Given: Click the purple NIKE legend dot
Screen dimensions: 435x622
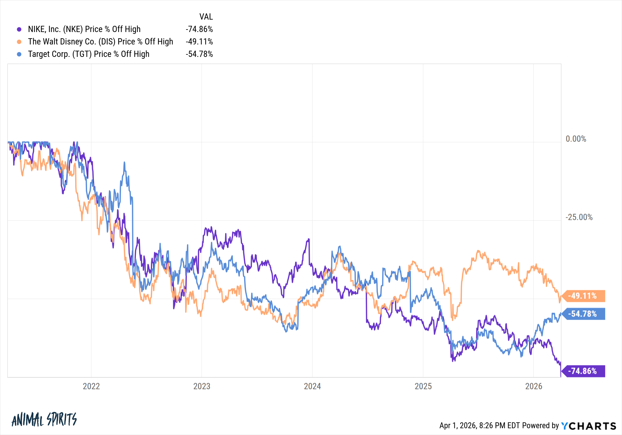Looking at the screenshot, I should click(19, 30).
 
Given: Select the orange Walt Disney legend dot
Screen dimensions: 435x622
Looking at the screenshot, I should click(19, 42).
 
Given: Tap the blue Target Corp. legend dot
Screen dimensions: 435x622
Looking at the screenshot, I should click(19, 54).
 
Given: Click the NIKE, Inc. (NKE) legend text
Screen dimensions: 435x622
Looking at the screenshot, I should click(84, 29).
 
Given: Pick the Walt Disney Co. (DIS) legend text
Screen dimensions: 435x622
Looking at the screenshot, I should click(100, 42).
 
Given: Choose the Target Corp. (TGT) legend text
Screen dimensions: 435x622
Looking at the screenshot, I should click(89, 54).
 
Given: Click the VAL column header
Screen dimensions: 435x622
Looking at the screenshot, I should click(206, 17).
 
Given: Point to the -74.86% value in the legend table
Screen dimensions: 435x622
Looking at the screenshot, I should click(199, 29).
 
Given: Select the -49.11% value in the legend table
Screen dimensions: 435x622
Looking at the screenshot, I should click(199, 42).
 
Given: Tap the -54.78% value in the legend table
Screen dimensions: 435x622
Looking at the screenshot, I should click(199, 54).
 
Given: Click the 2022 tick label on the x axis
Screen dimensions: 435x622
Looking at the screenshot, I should click(91, 386).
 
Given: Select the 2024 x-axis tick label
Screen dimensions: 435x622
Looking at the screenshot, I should click(312, 386).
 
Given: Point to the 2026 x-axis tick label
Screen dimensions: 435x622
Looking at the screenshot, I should click(534, 386).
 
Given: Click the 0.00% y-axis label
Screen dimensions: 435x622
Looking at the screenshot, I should click(576, 139).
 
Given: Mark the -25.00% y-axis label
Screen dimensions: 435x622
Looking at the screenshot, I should click(579, 217).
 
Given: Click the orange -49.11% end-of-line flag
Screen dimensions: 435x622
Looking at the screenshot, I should click(584, 296).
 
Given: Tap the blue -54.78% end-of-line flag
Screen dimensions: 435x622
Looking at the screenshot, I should click(584, 314).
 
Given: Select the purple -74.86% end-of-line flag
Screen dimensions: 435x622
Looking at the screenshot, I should click(584, 371).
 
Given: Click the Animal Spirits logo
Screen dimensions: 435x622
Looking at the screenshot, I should click(44, 419).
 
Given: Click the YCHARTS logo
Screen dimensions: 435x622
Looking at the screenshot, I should click(589, 426).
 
